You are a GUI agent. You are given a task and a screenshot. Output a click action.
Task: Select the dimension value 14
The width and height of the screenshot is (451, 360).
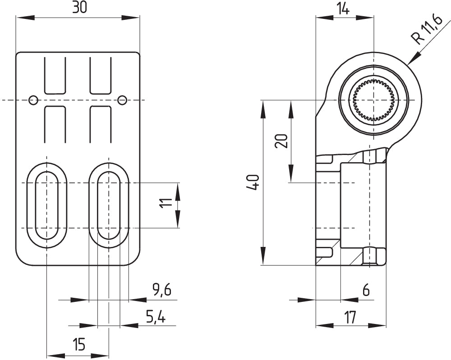(x=344, y=9)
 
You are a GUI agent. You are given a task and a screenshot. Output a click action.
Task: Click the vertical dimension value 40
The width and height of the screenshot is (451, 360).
(x=253, y=182)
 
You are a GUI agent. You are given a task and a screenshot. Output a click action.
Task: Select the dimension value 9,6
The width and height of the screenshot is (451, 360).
(x=161, y=290)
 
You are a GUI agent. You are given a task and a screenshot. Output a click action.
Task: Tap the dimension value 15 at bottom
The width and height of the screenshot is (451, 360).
(x=78, y=345)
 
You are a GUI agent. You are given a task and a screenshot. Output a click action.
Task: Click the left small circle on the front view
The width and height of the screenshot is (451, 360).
(x=33, y=100)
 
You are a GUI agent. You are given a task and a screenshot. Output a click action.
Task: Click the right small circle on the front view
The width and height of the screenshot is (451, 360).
(x=122, y=100)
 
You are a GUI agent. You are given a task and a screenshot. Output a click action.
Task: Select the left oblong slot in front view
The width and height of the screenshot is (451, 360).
(x=46, y=205)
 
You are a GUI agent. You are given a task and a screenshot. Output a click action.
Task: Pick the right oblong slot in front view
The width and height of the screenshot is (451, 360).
(x=109, y=205)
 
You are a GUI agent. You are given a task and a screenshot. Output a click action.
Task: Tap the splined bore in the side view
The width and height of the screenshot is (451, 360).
(x=373, y=100)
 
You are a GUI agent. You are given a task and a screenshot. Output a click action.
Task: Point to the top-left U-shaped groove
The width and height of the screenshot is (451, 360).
(x=55, y=75)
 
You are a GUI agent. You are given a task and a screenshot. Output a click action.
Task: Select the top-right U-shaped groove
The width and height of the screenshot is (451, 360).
(x=100, y=75)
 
